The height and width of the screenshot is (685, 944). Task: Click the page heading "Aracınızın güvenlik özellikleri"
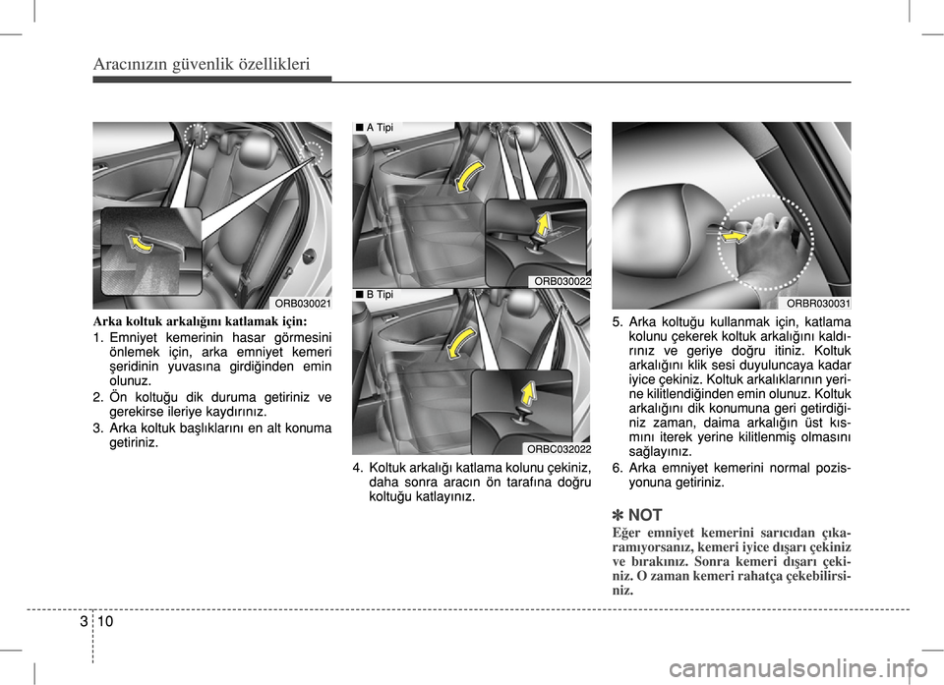click(202, 65)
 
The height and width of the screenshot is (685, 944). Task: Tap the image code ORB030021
click(302, 304)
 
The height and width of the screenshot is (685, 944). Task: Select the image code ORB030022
click(560, 282)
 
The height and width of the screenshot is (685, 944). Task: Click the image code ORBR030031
click(818, 304)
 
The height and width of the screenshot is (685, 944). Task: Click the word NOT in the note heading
click(645, 515)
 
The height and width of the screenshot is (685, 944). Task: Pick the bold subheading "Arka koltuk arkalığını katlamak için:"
click(200, 321)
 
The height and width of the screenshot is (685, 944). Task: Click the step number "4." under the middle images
click(359, 467)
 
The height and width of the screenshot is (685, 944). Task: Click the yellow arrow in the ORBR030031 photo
click(733, 236)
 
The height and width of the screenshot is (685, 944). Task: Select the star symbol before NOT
click(618, 515)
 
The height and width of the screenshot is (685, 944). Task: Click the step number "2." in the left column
click(98, 397)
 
